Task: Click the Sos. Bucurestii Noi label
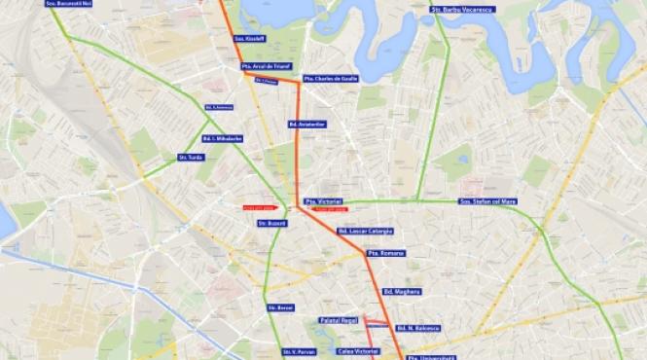[67, 5]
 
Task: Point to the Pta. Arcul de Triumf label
[266, 67]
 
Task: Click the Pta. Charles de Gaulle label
[329, 78]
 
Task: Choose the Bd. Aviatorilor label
[306, 125]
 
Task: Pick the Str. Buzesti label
[269, 223]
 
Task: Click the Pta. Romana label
[385, 253]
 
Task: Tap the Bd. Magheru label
[401, 291]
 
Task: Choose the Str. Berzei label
[280, 307]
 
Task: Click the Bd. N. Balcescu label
[418, 329]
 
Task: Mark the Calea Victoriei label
[356, 350]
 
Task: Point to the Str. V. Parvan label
[300, 351]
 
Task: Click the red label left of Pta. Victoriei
[262, 206]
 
